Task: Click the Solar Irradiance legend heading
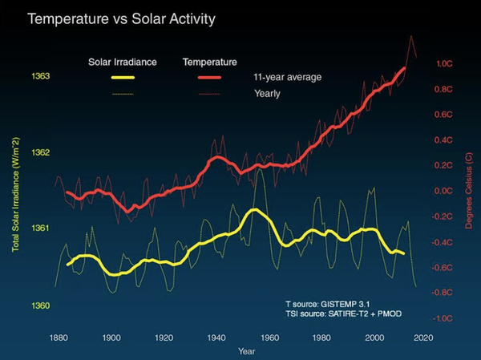[121, 62]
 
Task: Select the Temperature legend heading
[211, 62]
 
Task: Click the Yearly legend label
[264, 95]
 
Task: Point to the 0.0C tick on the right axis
[443, 191]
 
